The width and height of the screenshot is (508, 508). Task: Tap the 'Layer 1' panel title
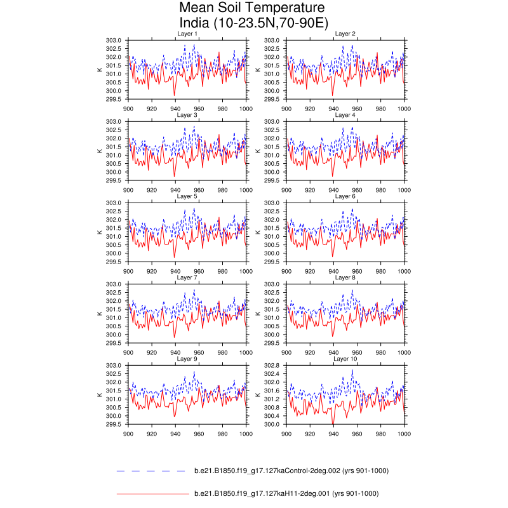pyautogui.click(x=187, y=34)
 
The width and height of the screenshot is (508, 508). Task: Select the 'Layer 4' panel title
pyautogui.click(x=345, y=115)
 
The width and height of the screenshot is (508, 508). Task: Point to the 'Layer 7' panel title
pyautogui.click(x=187, y=277)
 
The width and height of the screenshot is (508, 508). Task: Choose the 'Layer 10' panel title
pyautogui.click(x=345, y=359)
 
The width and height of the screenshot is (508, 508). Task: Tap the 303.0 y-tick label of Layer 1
pyautogui.click(x=114, y=40)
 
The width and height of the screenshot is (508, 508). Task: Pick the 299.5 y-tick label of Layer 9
pyautogui.click(x=114, y=424)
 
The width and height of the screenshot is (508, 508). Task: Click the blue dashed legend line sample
pyautogui.click(x=152, y=471)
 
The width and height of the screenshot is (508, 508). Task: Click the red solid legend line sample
pyautogui.click(x=152, y=493)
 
